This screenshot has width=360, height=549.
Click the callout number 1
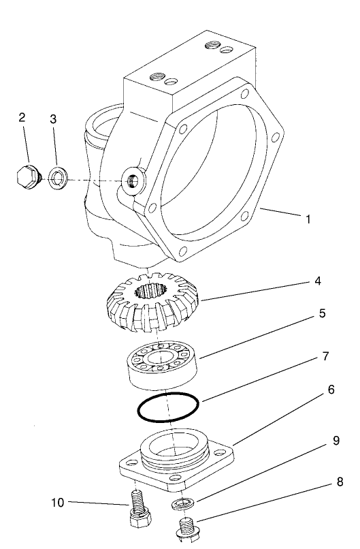(x=308, y=219)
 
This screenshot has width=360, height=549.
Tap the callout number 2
(x=22, y=117)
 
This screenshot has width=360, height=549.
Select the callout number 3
(x=53, y=119)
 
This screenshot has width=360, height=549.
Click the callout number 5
(x=323, y=315)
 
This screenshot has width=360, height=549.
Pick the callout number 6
(x=331, y=390)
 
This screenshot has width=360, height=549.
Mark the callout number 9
(x=336, y=441)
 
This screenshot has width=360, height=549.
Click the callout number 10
(x=57, y=503)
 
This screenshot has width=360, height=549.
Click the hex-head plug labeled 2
(x=28, y=177)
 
